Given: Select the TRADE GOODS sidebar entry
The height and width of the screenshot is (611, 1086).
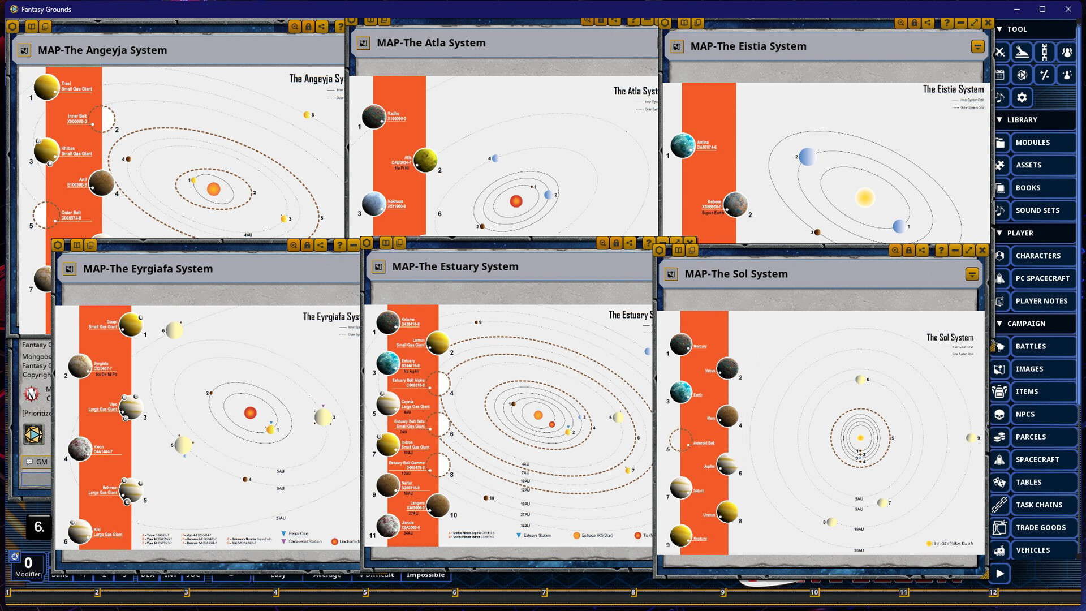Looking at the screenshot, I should [1040, 527].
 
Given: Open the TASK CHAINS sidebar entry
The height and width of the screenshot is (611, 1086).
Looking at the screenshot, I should [1038, 505].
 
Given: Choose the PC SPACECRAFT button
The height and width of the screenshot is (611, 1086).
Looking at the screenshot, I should [1042, 278].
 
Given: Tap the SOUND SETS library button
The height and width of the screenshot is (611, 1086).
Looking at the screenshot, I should [1037, 210].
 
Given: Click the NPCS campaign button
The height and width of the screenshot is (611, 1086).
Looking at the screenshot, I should [1025, 414].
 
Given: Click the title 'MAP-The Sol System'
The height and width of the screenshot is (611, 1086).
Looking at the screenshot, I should [736, 274].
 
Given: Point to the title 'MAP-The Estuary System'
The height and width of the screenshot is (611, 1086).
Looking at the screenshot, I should [455, 266].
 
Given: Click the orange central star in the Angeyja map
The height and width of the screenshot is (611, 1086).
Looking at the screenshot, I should [213, 189].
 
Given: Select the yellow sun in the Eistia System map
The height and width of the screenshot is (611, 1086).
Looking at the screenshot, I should [864, 197].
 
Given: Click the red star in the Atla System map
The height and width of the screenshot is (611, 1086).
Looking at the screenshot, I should [516, 201].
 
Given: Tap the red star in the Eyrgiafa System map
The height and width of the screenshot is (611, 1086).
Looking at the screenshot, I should [250, 413].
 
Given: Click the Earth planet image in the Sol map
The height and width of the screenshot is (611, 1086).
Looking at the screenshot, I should [680, 391].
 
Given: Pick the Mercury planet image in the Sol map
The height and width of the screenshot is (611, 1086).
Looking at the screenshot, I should [680, 344].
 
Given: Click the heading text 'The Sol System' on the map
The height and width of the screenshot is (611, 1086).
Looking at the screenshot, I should [950, 337].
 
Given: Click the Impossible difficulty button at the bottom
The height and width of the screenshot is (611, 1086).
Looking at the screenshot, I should [425, 575].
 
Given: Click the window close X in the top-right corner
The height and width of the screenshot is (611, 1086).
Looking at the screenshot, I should [1068, 9].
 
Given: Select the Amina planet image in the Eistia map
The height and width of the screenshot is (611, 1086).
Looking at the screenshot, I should [682, 145].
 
